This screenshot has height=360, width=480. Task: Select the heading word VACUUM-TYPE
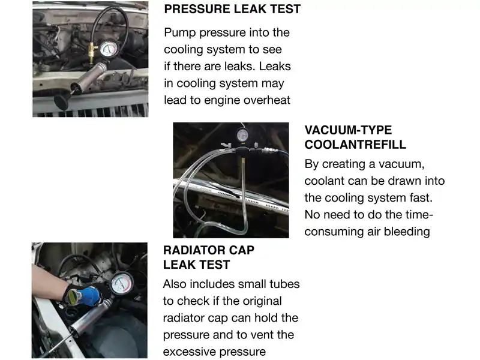click(348, 130)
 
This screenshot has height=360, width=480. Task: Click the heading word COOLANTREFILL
click(355, 145)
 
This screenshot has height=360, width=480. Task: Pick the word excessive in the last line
click(187, 352)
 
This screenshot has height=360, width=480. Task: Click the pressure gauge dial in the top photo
click(109, 49)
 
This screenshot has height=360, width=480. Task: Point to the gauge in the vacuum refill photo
click(242, 135)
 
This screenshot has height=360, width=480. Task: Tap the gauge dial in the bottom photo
click(122, 283)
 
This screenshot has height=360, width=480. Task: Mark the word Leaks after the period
click(275, 67)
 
